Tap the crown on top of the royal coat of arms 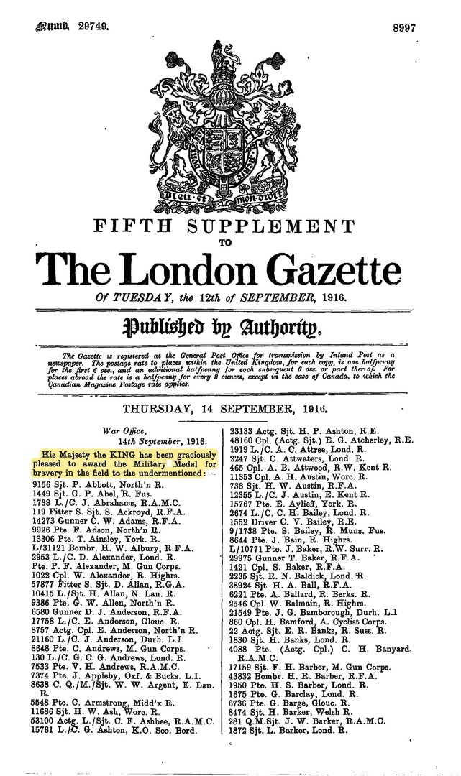pos(229,58)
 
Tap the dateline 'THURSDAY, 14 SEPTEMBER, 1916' pos(230,410)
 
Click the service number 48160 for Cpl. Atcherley pos(242,438)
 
